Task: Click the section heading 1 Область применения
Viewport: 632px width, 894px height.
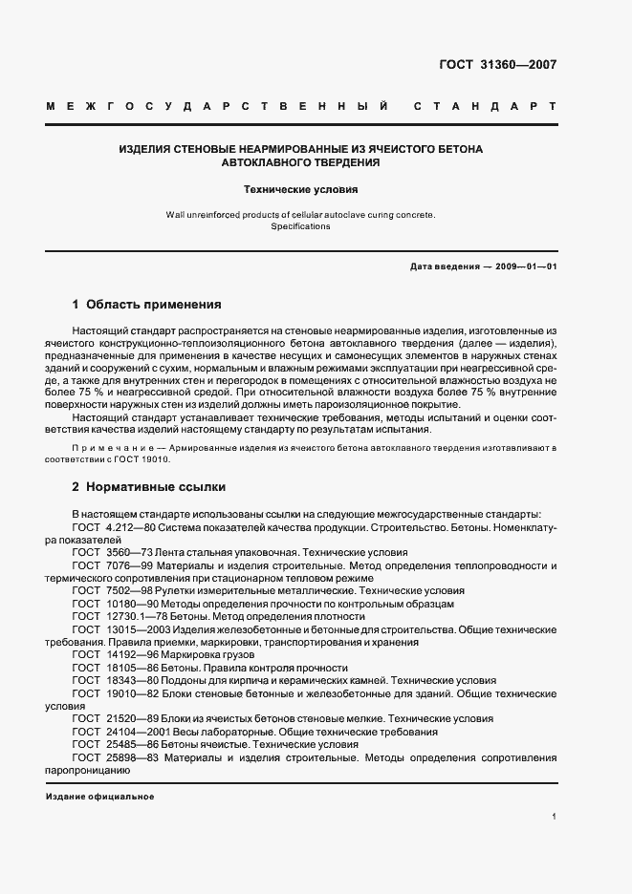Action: click(x=146, y=305)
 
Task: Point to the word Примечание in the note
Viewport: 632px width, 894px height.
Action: click(x=106, y=447)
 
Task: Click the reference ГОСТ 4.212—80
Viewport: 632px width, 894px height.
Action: click(x=109, y=527)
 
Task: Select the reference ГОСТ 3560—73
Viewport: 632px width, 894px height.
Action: click(x=109, y=552)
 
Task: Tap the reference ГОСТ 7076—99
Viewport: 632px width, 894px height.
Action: click(x=109, y=565)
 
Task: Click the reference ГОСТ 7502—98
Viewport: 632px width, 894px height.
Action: click(x=109, y=591)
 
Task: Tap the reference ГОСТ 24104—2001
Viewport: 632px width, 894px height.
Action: click(x=115, y=732)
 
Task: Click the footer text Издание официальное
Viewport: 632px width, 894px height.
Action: click(x=99, y=797)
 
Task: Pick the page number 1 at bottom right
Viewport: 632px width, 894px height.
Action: click(x=554, y=816)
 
